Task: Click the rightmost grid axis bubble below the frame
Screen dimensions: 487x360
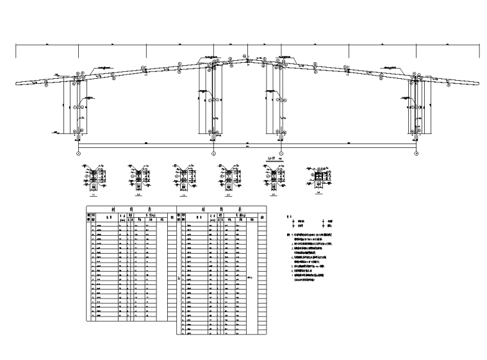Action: click(417, 154)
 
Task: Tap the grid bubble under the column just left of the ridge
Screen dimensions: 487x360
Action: click(213, 154)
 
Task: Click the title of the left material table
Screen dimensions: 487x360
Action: click(131, 209)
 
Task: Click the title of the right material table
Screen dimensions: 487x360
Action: click(221, 209)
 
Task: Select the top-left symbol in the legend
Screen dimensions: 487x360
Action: click(296, 220)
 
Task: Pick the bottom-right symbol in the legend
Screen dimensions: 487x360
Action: click(322, 225)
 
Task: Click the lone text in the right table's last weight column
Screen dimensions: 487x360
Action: click(251, 277)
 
